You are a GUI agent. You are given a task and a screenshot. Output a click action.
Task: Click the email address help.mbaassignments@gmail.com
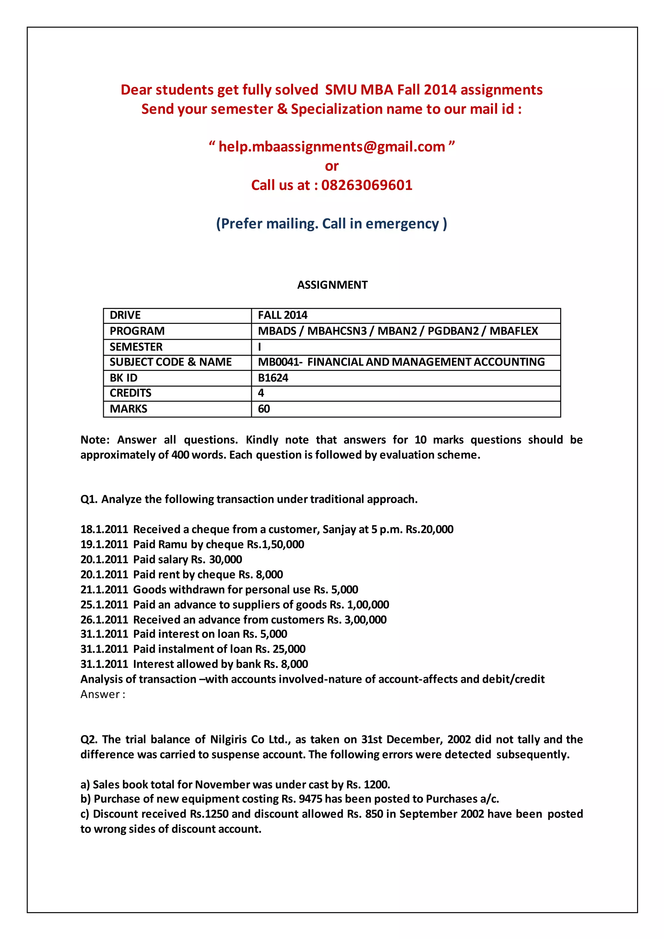[332, 147]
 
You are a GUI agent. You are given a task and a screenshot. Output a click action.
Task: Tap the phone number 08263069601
[367, 185]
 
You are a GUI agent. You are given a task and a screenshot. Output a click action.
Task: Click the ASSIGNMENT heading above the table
[332, 285]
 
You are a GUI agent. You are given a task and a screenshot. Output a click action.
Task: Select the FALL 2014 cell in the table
[282, 315]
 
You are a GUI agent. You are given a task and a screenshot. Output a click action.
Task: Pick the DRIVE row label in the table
[125, 315]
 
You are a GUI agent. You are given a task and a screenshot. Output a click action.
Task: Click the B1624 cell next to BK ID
[273, 377]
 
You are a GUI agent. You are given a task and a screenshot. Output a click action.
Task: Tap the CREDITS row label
[130, 393]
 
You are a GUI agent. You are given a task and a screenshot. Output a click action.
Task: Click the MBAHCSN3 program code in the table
[337, 331]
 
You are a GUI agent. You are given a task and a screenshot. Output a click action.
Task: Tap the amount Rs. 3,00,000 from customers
[357, 620]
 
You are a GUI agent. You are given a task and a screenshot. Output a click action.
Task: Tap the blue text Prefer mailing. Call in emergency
[332, 224]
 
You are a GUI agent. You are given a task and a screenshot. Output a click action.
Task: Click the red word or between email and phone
[332, 166]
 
